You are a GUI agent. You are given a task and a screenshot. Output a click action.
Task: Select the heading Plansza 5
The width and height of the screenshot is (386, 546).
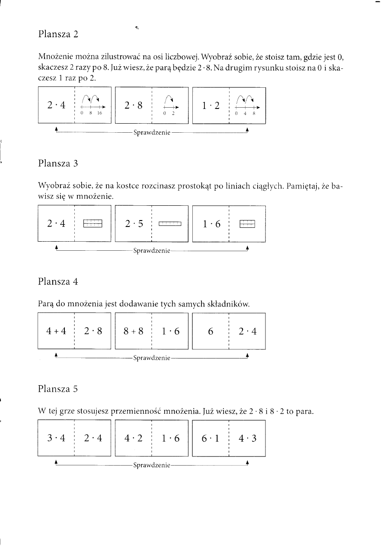58,388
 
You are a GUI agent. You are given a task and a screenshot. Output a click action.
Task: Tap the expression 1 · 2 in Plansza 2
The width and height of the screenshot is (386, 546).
211,105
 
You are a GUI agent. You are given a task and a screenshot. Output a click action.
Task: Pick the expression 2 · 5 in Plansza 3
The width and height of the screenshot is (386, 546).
134,224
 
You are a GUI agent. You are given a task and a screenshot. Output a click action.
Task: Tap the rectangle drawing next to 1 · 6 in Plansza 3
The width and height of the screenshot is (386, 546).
247,224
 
